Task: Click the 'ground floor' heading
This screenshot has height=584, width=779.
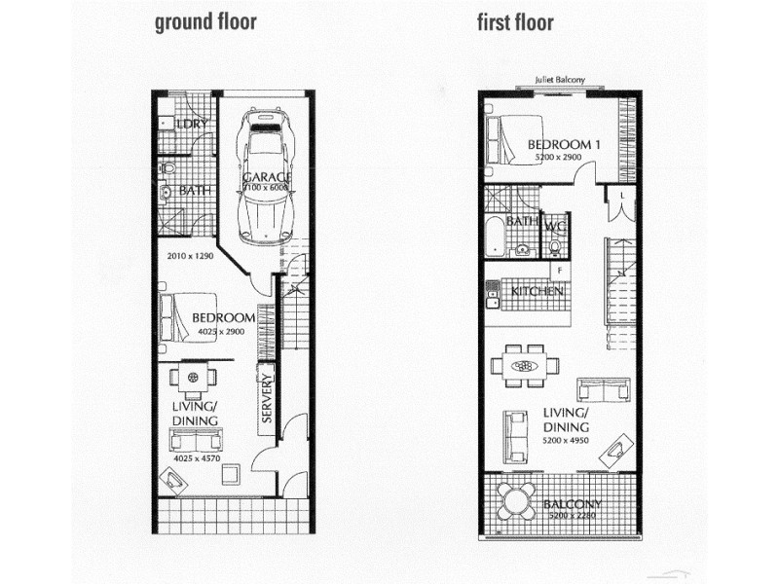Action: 205,22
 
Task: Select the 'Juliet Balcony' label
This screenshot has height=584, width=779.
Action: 559,81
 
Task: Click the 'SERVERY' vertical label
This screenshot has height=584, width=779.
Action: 266,398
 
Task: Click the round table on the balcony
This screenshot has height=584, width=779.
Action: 514,501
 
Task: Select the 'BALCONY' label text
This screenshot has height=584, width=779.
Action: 573,504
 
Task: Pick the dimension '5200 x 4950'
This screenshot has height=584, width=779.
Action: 566,439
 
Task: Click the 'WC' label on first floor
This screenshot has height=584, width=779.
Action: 556,227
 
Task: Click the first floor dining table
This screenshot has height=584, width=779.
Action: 525,366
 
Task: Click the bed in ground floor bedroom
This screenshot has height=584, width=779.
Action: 181,317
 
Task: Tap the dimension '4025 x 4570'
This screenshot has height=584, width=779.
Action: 196,456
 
